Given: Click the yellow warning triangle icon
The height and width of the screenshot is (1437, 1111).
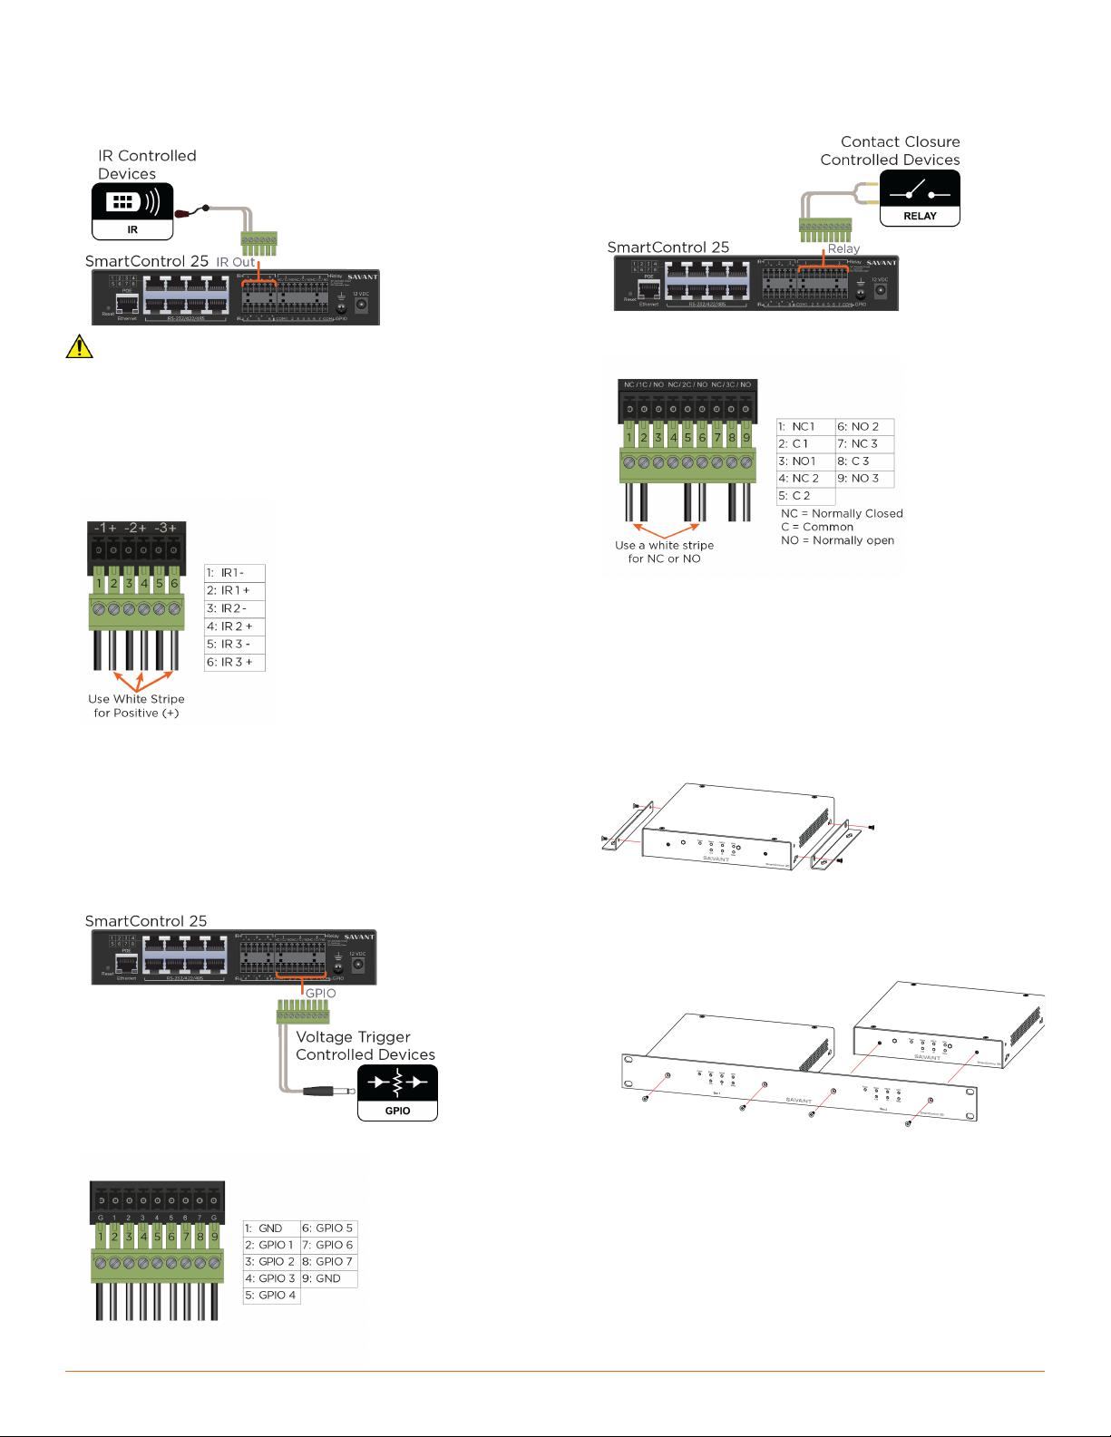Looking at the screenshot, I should [x=80, y=346].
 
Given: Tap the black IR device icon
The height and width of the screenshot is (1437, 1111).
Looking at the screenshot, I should [x=132, y=210].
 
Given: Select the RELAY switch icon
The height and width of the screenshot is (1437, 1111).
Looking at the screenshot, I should [x=920, y=198].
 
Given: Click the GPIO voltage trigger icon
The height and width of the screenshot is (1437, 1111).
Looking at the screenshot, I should [x=397, y=1092].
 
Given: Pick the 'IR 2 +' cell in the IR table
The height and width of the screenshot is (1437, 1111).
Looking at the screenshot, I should [x=235, y=626].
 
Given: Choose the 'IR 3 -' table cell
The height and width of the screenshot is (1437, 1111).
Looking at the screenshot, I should [x=235, y=645].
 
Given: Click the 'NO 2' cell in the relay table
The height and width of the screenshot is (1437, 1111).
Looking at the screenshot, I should [x=864, y=426].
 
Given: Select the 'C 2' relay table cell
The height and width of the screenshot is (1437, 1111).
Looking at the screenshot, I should [x=804, y=496].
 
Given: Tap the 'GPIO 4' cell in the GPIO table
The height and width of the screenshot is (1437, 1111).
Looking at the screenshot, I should [x=270, y=1296].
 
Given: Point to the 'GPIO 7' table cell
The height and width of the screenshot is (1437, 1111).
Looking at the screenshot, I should [x=328, y=1262].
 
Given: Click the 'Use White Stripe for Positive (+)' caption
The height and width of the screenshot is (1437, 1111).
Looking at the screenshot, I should [x=136, y=706].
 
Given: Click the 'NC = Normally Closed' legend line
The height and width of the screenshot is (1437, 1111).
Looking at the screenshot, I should [x=842, y=513].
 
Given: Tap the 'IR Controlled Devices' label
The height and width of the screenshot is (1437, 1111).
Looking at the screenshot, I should [x=147, y=165].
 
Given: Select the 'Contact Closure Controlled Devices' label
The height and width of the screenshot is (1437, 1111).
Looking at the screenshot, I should [x=891, y=150].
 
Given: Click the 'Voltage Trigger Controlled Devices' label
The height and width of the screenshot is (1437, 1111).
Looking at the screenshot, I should [x=365, y=1045].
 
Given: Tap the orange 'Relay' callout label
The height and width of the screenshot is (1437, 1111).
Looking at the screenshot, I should [x=843, y=248].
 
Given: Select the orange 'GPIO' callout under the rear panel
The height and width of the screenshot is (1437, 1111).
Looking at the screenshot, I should [x=320, y=993].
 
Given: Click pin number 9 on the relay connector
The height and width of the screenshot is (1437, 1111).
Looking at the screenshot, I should [x=746, y=437].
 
